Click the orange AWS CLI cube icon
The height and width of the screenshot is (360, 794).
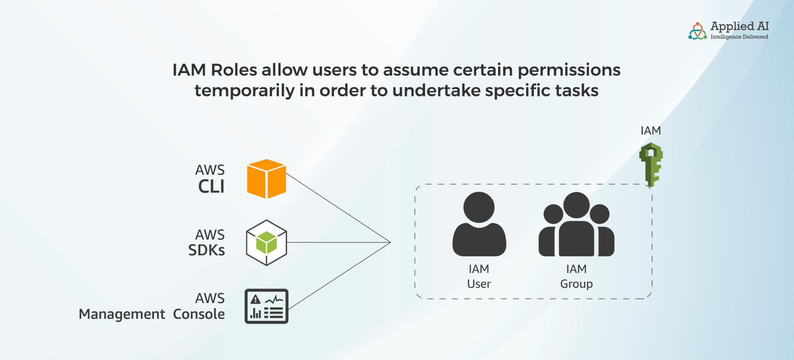coord(266,179)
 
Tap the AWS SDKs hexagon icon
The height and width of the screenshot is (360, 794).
coord(266,242)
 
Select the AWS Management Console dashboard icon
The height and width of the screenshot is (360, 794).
coord(266,306)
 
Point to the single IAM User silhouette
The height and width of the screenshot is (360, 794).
coord(479,224)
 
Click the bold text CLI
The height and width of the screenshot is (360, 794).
coord(211,187)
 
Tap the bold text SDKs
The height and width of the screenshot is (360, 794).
coord(206,250)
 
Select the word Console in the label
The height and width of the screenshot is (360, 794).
coord(199,314)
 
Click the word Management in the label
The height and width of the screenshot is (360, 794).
coord(122,314)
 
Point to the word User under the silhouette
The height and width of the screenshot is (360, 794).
coord(479,284)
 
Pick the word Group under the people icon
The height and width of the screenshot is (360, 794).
coord(576,284)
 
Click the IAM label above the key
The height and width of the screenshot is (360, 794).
coord(651,131)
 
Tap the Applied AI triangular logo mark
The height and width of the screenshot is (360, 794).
coord(698,31)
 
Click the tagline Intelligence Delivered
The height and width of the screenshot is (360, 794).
coord(739,37)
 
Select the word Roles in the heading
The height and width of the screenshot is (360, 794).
coord(234,70)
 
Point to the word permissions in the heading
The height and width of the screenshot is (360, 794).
coord(569,70)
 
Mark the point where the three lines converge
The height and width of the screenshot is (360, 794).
coord(390,242)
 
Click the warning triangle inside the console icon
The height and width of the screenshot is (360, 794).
coord(256,299)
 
